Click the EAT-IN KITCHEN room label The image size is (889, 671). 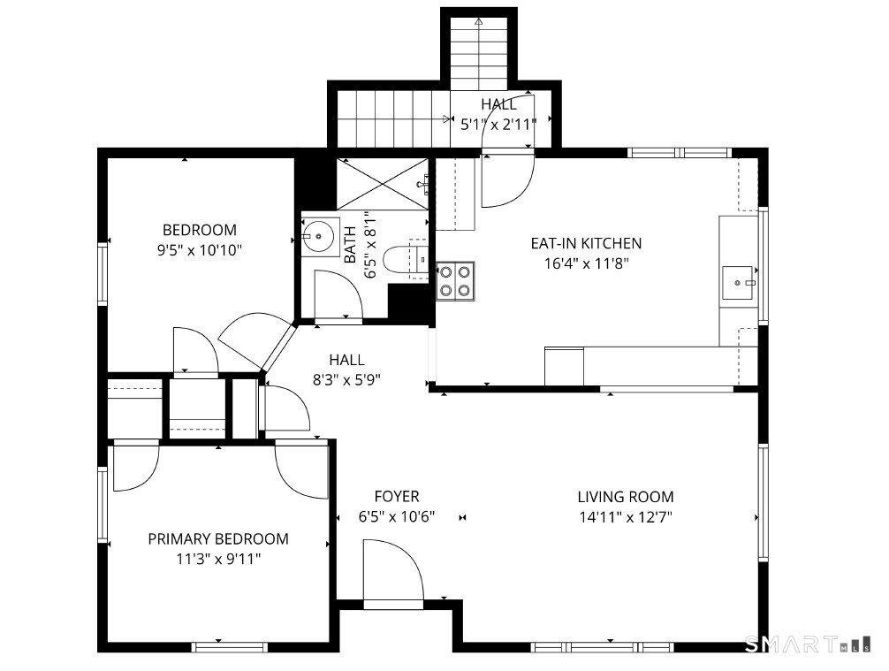pos(586,243)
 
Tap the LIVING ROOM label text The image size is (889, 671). pos(626,497)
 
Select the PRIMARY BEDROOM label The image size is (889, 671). pos(218,539)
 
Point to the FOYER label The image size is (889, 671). pos(397,496)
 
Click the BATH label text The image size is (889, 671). pos(350,245)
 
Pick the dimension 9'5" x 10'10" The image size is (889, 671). pos(200,250)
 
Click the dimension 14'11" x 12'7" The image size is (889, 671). pos(626,517)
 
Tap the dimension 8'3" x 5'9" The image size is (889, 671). pos(346,379)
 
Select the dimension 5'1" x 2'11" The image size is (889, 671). pos(498,125)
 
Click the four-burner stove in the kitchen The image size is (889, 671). pos(455,281)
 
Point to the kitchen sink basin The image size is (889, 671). pos(738,283)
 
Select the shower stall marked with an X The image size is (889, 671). pos(383,184)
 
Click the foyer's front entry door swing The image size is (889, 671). pos(393,573)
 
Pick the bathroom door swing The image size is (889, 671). pos(338,296)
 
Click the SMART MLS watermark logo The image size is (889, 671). pos(808,644)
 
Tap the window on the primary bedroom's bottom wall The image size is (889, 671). pos(229,647)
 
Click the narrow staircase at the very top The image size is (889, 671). pos(479,53)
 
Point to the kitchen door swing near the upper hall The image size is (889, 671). pos(507,180)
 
